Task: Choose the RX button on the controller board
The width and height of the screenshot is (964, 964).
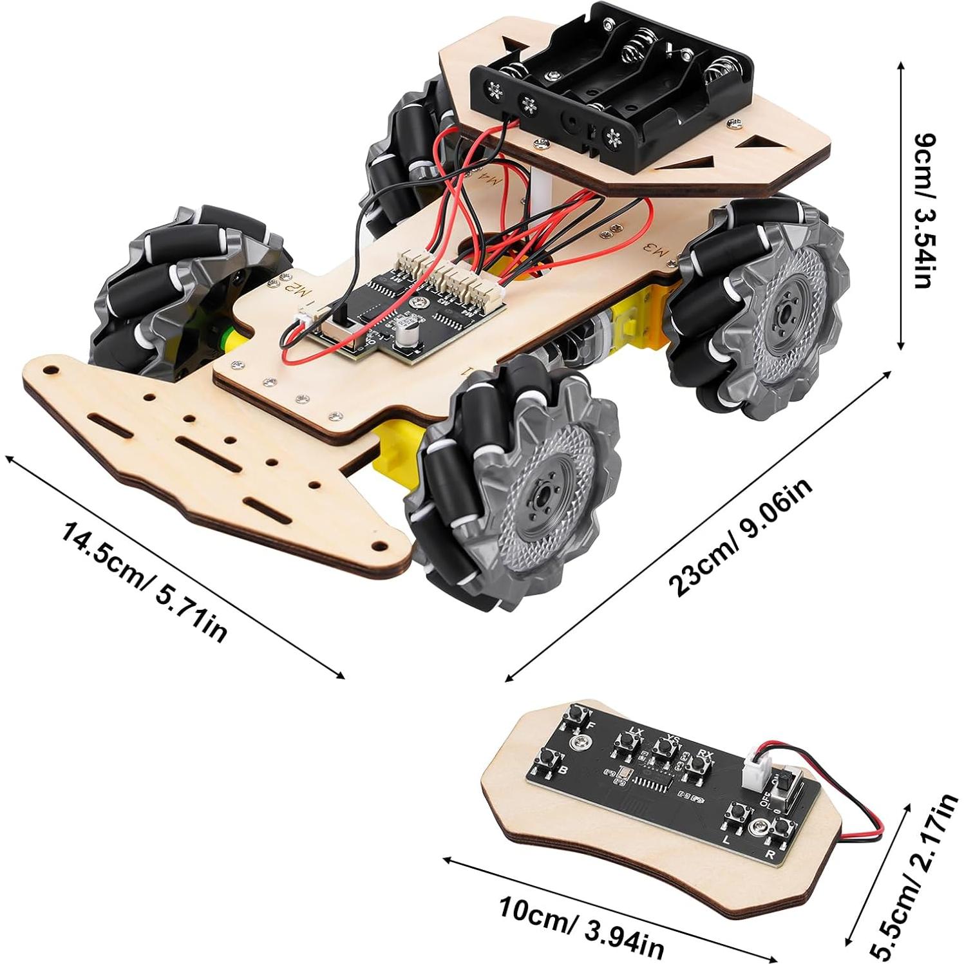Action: coord(695,764)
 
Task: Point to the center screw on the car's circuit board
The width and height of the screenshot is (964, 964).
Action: coord(419,301)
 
